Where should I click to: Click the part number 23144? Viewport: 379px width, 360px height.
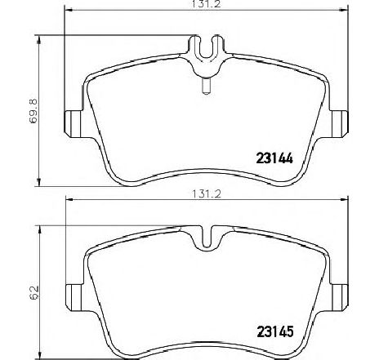pos(274,158)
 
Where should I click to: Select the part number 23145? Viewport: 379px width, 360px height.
pos(275,331)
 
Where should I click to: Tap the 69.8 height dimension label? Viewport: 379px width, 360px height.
pos(34,111)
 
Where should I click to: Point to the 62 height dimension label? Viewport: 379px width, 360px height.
pos(34,293)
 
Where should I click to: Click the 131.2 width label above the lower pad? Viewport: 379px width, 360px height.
pos(207,194)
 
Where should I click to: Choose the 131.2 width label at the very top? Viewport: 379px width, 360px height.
pos(207,4)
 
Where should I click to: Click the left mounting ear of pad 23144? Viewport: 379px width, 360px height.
pos(73,124)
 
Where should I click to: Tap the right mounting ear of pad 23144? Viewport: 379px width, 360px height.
pos(339,124)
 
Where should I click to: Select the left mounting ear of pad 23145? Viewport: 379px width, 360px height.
pos(74,297)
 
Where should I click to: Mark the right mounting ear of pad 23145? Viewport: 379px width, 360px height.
pos(340,297)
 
